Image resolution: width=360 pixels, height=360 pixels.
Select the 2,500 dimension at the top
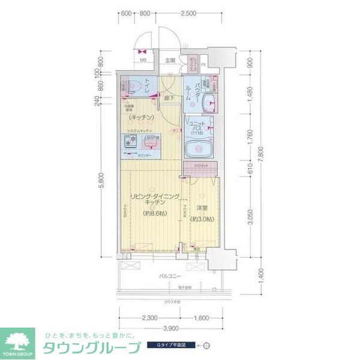188,13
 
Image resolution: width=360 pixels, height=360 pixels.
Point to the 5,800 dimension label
103,180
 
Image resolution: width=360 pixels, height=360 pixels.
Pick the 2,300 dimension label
150,318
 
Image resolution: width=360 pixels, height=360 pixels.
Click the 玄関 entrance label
170,60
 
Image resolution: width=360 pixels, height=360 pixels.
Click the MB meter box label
143,60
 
